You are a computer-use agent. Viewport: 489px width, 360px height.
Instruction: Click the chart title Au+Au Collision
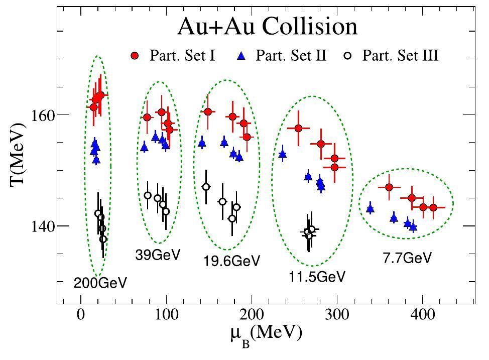267,26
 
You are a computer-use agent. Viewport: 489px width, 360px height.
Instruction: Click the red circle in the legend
135,56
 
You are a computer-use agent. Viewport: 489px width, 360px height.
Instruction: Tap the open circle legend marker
351,56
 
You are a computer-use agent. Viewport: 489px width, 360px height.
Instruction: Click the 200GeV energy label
100,283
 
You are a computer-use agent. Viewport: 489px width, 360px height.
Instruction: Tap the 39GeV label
158,255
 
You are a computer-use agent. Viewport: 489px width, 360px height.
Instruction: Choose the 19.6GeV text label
231,261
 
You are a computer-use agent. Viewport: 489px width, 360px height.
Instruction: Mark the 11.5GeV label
317,276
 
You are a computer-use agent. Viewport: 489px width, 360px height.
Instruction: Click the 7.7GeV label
407,258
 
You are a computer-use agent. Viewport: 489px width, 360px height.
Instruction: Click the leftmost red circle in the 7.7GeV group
389,187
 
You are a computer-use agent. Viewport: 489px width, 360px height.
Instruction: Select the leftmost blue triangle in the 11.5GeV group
283,154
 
